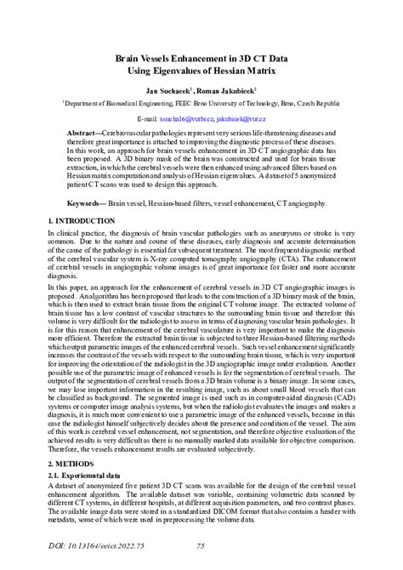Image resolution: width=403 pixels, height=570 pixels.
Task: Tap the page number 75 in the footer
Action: coord(201,545)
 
